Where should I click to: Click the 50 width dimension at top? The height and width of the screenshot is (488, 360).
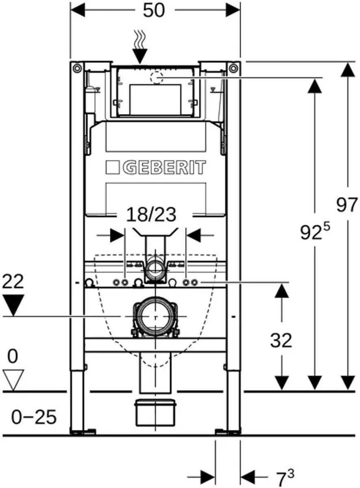(x=154, y=10)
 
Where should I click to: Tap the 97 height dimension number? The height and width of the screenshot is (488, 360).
(x=347, y=205)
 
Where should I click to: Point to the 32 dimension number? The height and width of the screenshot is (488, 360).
(x=281, y=340)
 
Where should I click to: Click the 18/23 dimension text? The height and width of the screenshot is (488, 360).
(x=151, y=215)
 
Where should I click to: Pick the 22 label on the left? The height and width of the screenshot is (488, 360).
(x=13, y=282)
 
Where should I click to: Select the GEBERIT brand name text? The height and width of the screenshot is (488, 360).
(x=164, y=168)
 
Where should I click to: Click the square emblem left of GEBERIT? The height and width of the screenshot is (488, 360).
(x=113, y=168)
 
